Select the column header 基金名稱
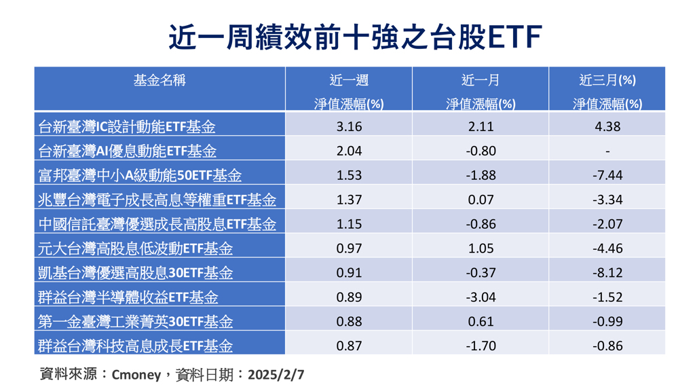[159, 80]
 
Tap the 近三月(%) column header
[607, 80]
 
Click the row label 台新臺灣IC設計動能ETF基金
[128, 126]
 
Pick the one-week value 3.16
[349, 126]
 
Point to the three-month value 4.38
[607, 126]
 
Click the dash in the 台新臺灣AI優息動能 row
[607, 151]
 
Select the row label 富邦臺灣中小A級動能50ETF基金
[140, 175]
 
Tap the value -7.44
[607, 175]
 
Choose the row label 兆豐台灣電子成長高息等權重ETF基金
[157, 200]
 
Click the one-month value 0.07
[481, 200]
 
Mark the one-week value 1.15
[349, 224]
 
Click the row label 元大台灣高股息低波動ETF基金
[136, 248]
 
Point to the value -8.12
[607, 273]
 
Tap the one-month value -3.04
[481, 297]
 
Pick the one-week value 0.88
[349, 322]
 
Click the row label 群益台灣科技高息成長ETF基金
[136, 346]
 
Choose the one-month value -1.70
[481, 346]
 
